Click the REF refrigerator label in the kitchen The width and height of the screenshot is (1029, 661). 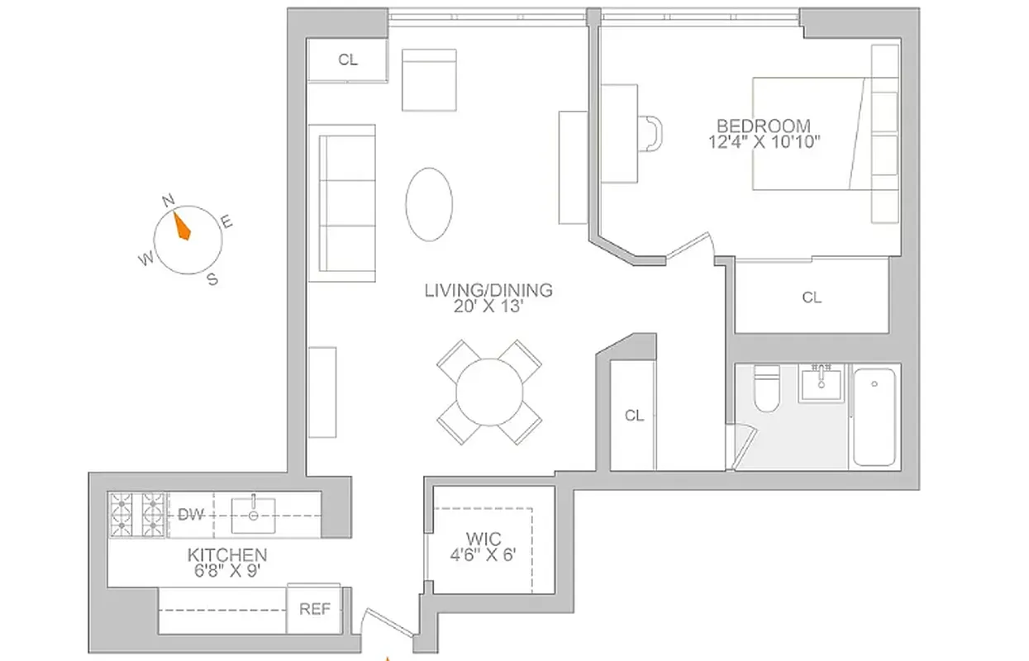tap(314, 610)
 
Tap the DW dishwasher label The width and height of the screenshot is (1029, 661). tap(191, 515)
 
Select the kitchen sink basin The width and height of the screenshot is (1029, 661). tap(253, 516)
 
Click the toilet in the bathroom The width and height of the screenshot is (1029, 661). tap(765, 387)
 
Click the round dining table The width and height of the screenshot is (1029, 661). tap(489, 392)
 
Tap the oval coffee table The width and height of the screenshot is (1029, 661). tap(429, 204)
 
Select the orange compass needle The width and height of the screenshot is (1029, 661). tap(181, 225)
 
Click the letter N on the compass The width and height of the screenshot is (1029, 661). tap(168, 200)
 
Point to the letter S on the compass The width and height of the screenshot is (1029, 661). tap(212, 279)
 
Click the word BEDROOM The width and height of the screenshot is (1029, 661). tap(763, 126)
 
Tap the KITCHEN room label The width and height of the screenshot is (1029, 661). tap(226, 555)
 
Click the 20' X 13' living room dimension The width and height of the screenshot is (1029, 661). tap(488, 306)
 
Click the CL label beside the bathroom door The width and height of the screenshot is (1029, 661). tap(634, 416)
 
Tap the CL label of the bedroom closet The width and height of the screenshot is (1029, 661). tap(812, 297)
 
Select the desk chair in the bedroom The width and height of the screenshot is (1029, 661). tap(653, 132)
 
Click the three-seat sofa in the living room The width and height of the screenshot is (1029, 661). tap(342, 197)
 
